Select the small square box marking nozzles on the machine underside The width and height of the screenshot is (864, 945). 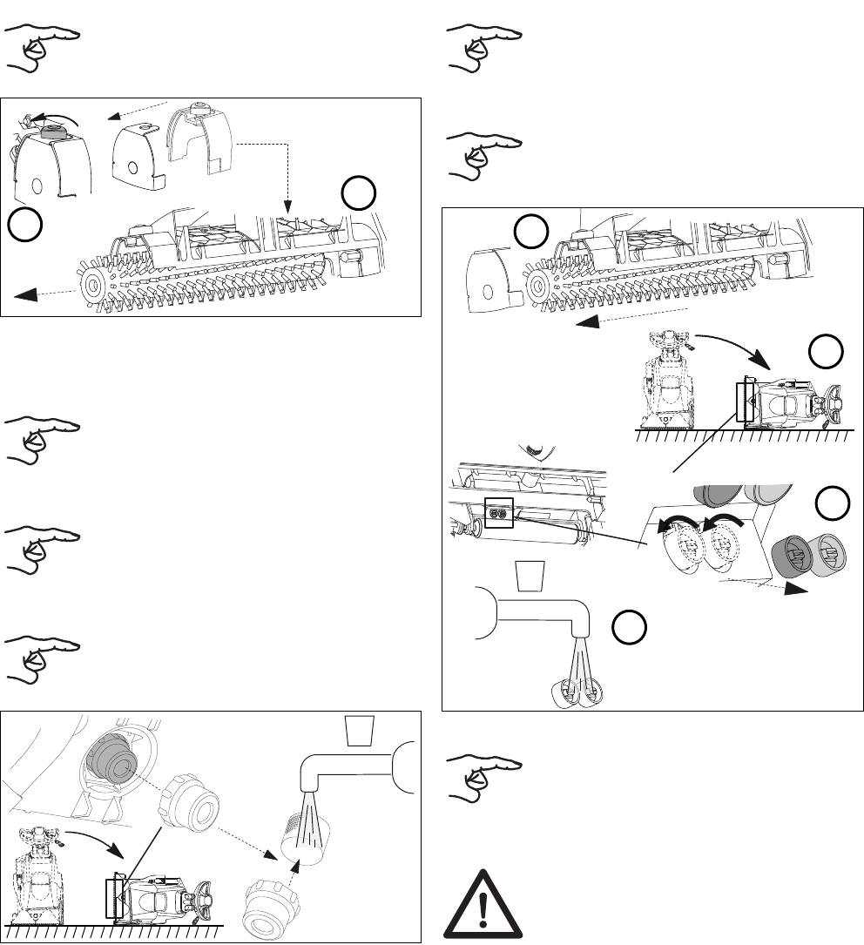click(500, 514)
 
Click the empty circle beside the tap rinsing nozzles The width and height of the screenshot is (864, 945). click(625, 626)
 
